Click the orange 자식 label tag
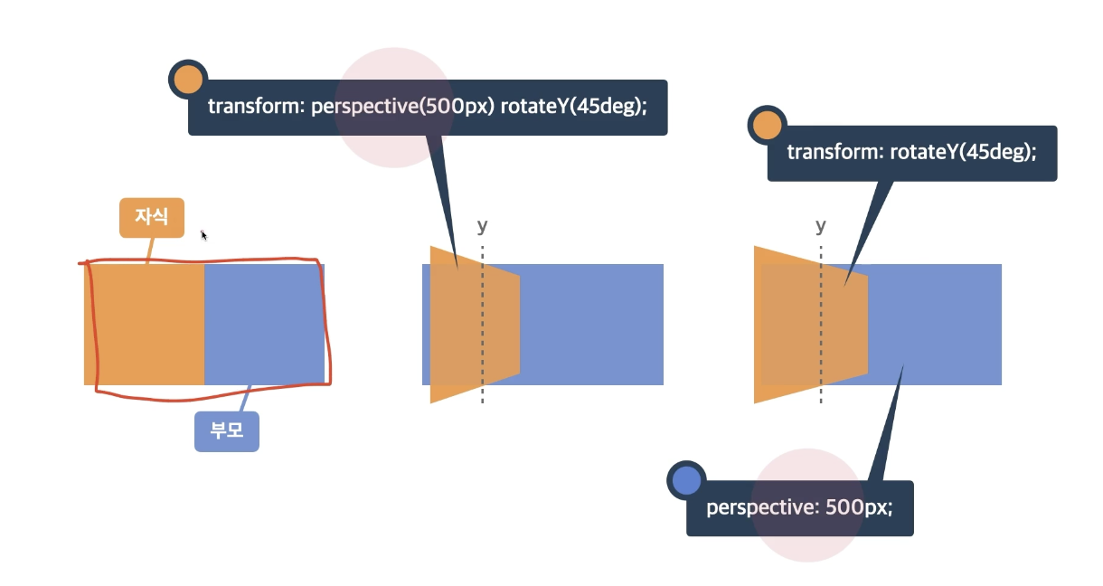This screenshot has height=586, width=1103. [152, 217]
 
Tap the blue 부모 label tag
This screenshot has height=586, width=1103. [227, 431]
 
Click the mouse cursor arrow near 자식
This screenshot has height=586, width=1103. [203, 235]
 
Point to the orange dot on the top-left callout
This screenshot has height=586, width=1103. [187, 80]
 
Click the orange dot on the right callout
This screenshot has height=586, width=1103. [767, 126]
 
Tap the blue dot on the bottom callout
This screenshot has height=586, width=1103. [686, 481]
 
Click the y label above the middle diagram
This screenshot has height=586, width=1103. [482, 225]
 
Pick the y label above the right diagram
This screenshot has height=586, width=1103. [820, 225]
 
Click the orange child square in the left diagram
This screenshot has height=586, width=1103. [145, 324]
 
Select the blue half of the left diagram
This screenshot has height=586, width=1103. [264, 324]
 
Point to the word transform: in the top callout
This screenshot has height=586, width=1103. [256, 107]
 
